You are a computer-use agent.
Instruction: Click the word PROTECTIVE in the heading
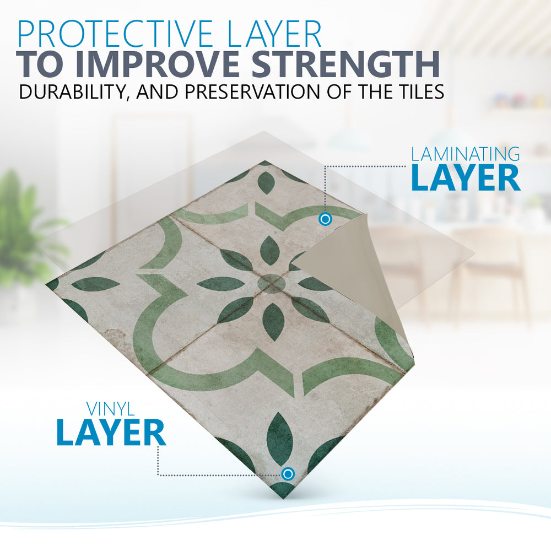[x=115, y=34]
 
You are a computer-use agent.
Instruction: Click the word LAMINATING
[x=466, y=154]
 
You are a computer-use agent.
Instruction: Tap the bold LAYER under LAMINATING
[x=466, y=178]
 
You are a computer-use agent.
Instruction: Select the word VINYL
[x=111, y=409]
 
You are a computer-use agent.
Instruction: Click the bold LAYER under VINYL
[x=111, y=432]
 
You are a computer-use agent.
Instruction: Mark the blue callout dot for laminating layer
[x=326, y=219]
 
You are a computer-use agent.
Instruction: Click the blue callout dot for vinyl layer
[x=288, y=474]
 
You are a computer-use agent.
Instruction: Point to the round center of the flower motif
[x=271, y=284]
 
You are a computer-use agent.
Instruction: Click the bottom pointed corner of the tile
[x=282, y=498]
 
